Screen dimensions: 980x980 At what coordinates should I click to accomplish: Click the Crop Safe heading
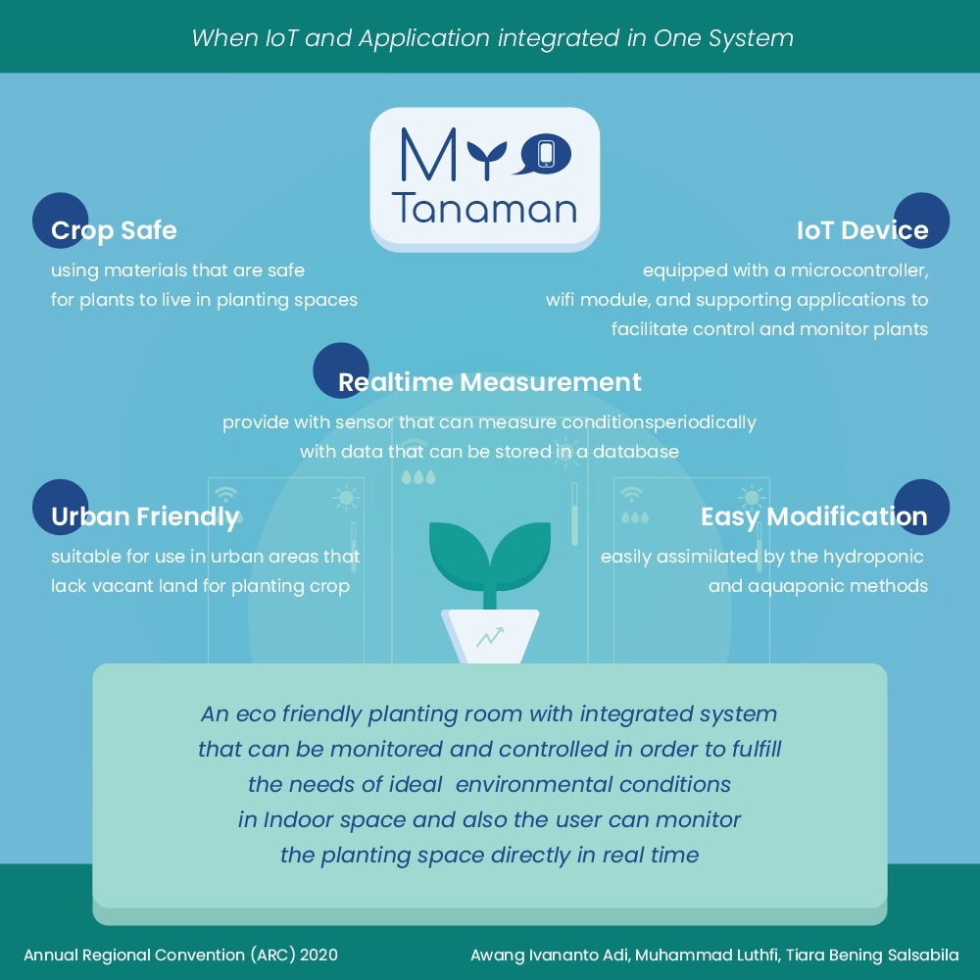click(114, 231)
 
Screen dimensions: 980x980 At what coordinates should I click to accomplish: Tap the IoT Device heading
click(861, 231)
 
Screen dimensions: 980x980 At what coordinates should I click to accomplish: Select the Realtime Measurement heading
click(490, 382)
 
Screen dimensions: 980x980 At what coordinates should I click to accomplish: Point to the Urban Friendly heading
click(145, 516)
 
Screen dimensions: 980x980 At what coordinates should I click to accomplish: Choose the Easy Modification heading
click(813, 516)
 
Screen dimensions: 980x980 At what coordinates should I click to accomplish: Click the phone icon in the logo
click(545, 154)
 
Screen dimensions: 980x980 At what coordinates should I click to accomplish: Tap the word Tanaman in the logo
click(484, 208)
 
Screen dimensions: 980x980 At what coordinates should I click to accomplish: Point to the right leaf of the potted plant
click(519, 549)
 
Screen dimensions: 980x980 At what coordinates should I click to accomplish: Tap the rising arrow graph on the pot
click(490, 638)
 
